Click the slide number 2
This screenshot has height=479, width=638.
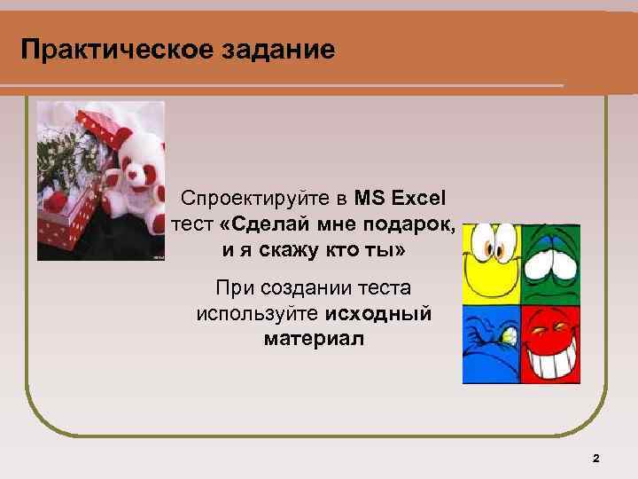(595, 458)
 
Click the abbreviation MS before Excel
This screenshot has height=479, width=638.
(367, 195)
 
